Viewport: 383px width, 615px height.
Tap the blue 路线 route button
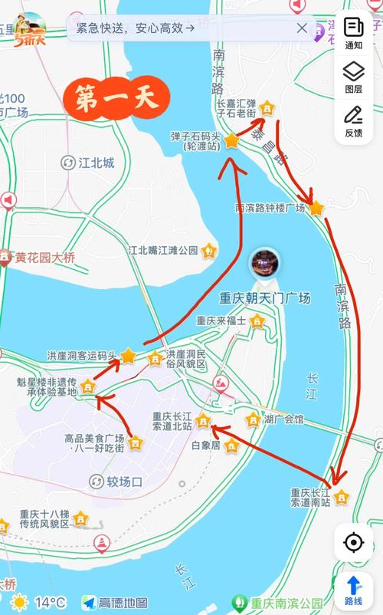[353, 590]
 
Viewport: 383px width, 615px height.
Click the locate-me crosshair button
[353, 543]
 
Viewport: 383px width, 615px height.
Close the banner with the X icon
[302, 28]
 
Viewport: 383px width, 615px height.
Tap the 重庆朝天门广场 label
[265, 298]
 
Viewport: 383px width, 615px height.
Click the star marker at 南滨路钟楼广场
[316, 208]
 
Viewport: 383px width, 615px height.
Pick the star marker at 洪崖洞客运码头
[128, 356]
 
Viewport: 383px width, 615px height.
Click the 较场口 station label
[124, 482]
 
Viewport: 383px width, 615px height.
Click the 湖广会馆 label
[283, 419]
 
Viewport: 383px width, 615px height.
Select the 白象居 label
[205, 444]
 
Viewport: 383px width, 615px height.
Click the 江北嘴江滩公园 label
[162, 250]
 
